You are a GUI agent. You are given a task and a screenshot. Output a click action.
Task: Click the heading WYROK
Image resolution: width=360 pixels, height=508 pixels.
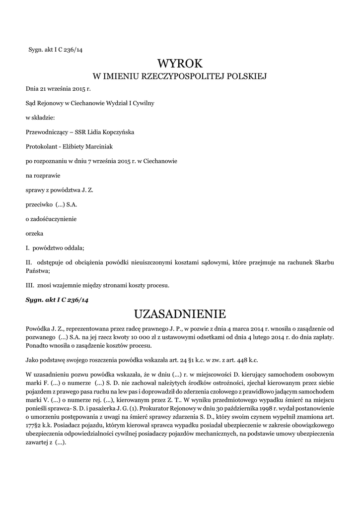click(x=180, y=63)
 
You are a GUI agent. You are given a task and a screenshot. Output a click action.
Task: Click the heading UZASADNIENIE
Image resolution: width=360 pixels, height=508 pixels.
click(x=180, y=314)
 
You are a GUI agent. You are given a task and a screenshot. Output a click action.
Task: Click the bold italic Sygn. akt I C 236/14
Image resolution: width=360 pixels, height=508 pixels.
click(x=57, y=300)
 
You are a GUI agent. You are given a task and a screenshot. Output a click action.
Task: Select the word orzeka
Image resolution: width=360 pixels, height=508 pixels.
click(x=34, y=233)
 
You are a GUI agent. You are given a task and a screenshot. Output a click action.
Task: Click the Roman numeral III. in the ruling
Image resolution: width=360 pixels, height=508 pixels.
click(x=29, y=285)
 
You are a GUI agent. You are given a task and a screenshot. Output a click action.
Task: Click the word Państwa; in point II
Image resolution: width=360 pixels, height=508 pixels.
click(x=38, y=271)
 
